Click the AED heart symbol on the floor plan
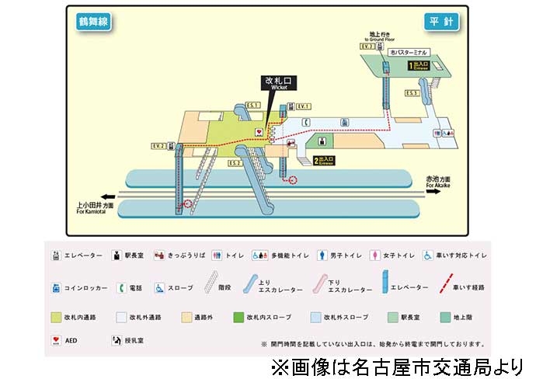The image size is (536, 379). coord(259,132)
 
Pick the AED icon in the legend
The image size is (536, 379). coord(56,340)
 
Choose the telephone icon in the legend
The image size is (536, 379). coord(122,287)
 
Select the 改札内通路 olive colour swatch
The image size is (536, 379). coord(56,317)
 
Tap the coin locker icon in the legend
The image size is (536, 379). coord(56,287)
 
